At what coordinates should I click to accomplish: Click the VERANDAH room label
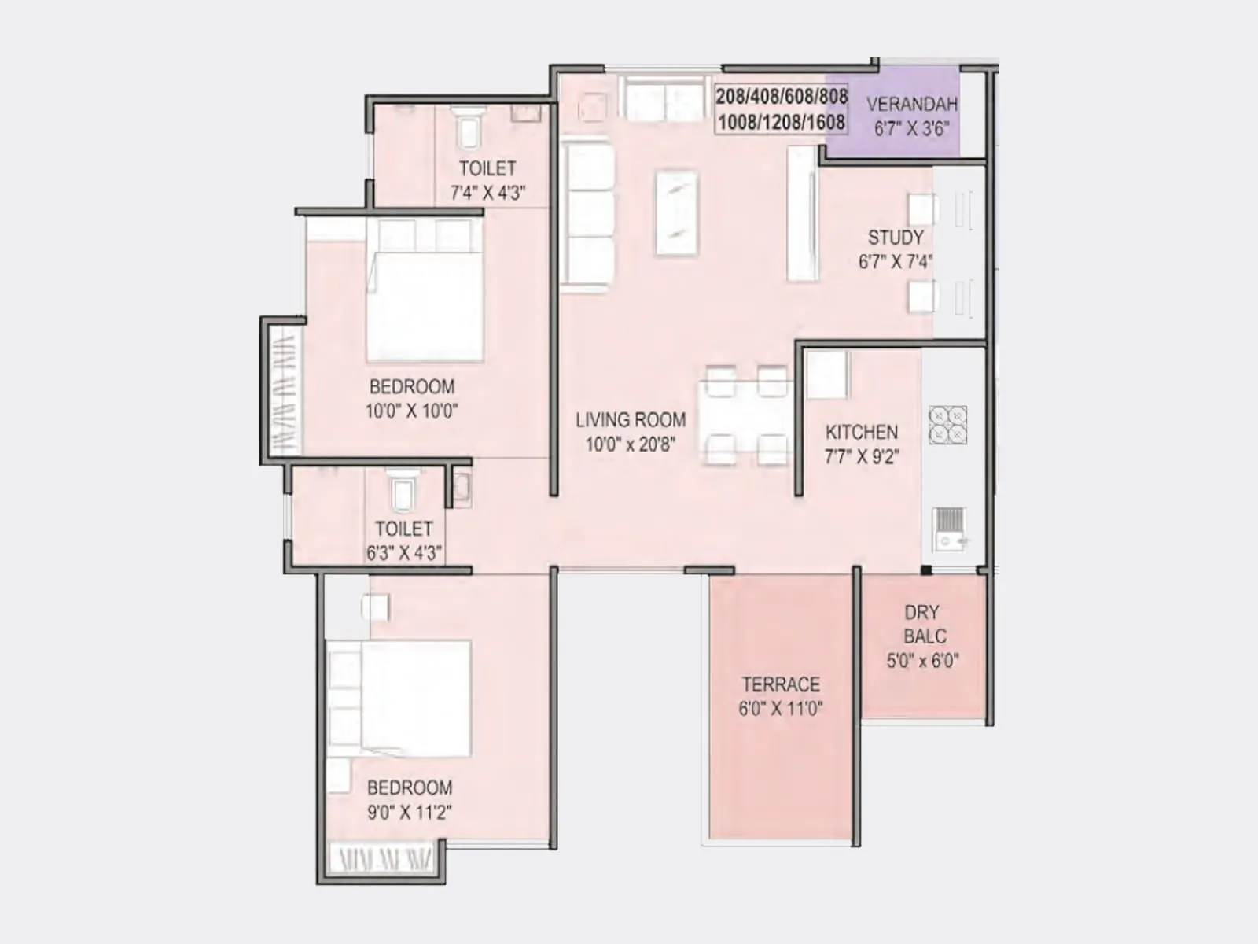(911, 104)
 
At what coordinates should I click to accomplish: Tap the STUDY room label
(895, 238)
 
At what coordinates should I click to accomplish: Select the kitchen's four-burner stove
(947, 425)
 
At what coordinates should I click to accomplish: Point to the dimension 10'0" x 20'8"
(630, 444)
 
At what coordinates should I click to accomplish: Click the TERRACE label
(780, 684)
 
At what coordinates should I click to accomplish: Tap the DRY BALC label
(923, 624)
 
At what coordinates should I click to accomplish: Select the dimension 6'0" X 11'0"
(780, 709)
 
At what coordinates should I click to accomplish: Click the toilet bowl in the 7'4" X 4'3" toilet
(469, 129)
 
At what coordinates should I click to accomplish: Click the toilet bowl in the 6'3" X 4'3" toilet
(403, 492)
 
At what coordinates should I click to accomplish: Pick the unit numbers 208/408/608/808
(782, 97)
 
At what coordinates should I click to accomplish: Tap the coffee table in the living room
(676, 212)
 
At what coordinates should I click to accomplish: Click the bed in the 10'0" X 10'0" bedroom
(425, 291)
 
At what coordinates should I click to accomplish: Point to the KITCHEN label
(861, 432)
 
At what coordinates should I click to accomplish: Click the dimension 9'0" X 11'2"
(409, 813)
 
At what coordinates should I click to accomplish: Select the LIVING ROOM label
(630, 420)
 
